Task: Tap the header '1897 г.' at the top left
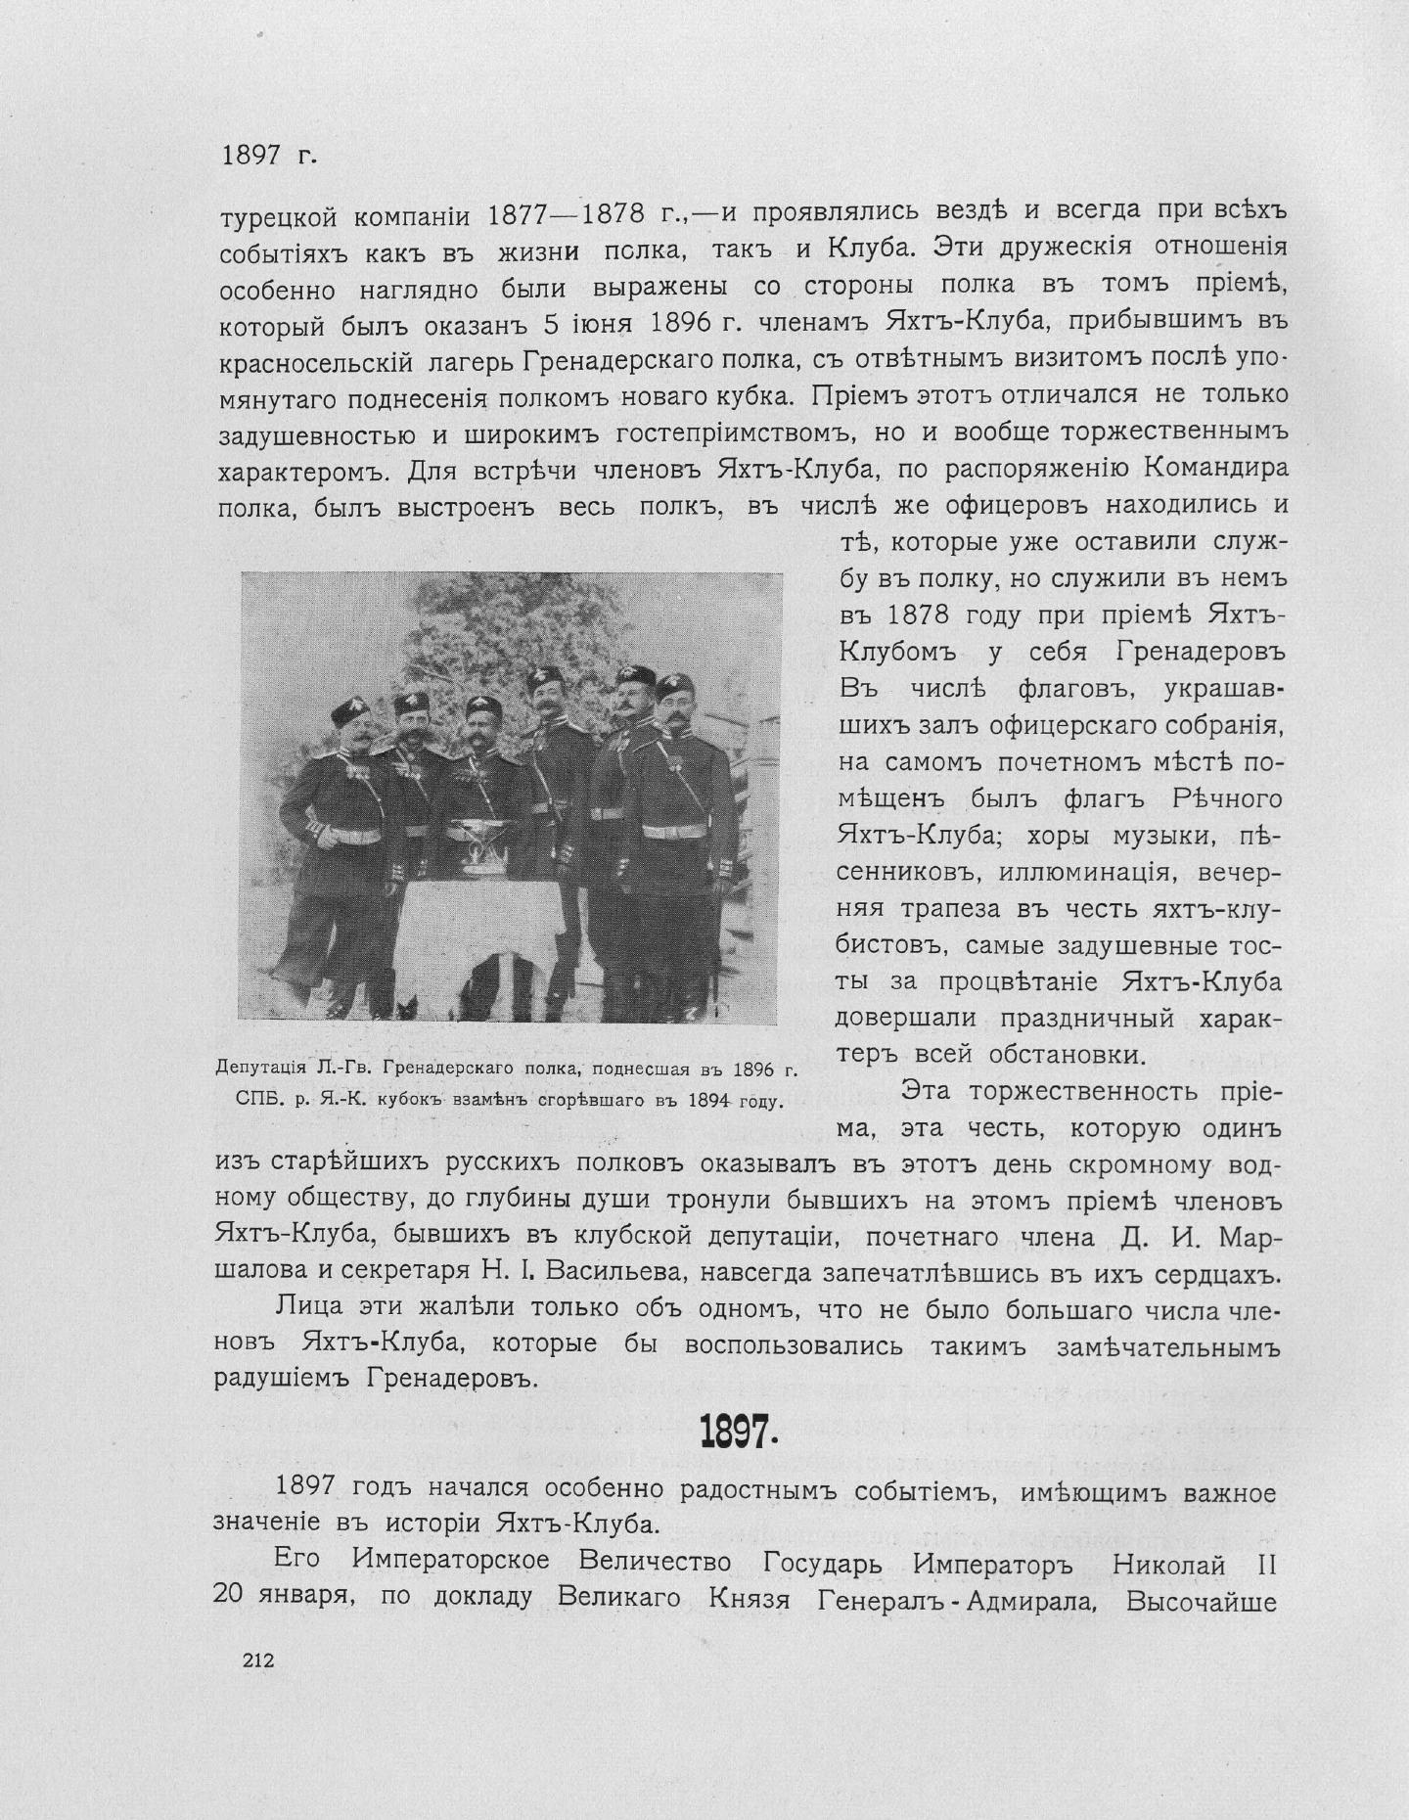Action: tap(268, 155)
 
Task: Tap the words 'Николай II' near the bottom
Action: tap(1192, 1565)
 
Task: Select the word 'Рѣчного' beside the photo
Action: tap(1226, 798)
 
